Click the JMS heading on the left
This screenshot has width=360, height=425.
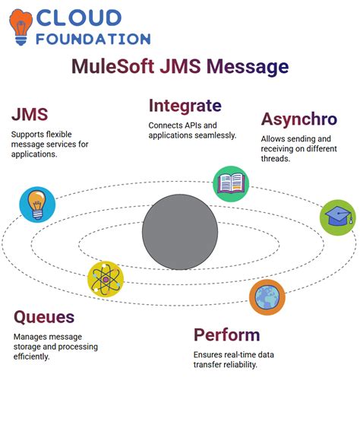(30, 114)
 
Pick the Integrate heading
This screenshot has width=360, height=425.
(185, 106)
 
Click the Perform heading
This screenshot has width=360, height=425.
(226, 335)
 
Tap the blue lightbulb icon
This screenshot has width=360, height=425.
(37, 204)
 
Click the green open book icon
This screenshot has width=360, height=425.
(230, 183)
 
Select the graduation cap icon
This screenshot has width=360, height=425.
(336, 217)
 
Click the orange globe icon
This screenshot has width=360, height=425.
(267, 297)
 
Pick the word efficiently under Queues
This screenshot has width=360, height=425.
(33, 357)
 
